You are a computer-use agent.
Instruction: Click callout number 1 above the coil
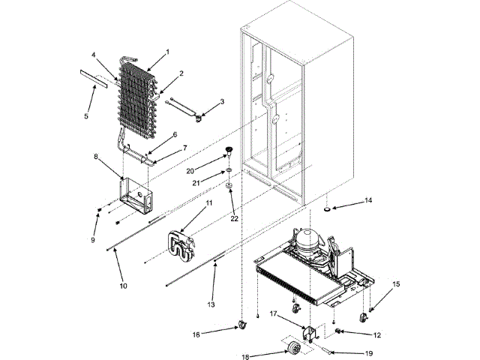click(x=167, y=52)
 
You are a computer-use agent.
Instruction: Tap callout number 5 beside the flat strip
click(x=86, y=116)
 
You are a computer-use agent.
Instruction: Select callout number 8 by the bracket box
click(x=96, y=157)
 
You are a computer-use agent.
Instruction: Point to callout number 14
click(x=367, y=201)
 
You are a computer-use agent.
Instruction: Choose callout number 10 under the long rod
click(x=124, y=285)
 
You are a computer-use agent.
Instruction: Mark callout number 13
click(x=211, y=305)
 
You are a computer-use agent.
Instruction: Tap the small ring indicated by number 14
click(x=330, y=207)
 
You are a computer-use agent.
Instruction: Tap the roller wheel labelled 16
click(x=242, y=324)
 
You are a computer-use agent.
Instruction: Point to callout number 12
click(x=377, y=334)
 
